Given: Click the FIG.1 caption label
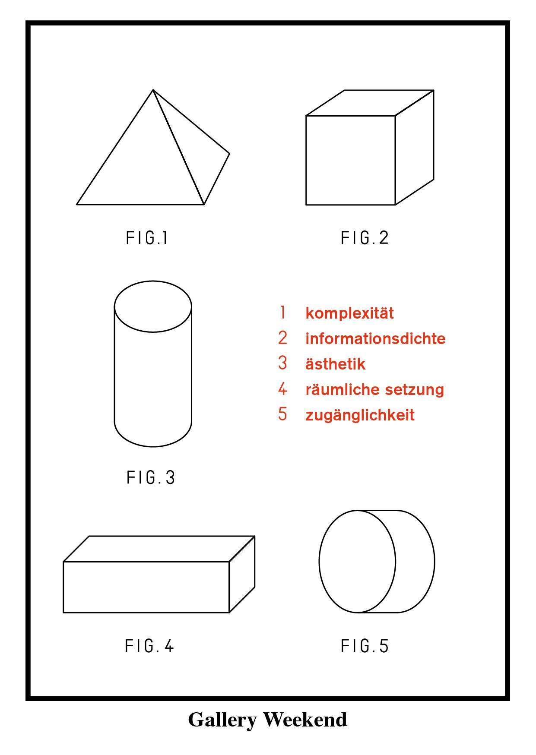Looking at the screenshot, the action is (147, 238).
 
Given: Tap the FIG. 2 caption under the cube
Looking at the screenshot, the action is (365, 238).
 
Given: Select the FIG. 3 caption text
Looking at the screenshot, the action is (151, 477).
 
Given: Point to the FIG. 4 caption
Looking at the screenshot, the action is (149, 646).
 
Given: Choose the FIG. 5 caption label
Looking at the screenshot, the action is (365, 646).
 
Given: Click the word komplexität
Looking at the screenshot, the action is (349, 313).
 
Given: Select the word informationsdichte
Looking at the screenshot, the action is (375, 338).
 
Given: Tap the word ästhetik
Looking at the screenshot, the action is (335, 364).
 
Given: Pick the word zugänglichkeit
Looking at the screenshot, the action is (360, 415).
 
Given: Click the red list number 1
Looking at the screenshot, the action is (282, 312).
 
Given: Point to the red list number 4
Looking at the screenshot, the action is (282, 389).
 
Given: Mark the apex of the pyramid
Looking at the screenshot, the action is (153, 90).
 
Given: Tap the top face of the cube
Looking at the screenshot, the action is (370, 103).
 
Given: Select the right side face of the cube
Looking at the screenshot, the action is (415, 147).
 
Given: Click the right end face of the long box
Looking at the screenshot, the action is (242, 574).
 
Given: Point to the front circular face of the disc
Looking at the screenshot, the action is (357, 561).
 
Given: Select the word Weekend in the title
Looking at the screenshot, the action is (305, 720).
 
